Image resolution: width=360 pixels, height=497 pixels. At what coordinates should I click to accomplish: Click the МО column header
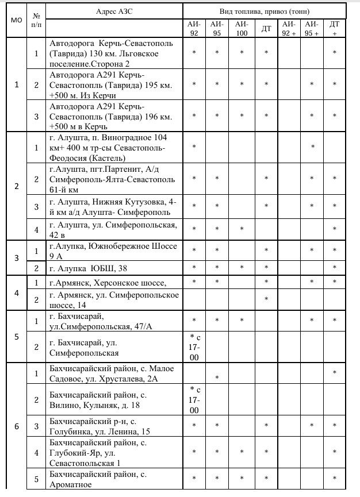pyautogui.click(x=16, y=20)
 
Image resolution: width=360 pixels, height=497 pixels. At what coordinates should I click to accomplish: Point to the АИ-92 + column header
pyautogui.click(x=289, y=28)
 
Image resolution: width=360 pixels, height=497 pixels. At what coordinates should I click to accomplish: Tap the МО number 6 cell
pyautogui.click(x=16, y=426)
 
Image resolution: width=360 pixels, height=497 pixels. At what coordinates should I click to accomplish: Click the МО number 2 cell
pyautogui.click(x=16, y=186)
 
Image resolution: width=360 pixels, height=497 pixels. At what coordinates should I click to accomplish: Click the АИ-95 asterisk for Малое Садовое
pyautogui.click(x=217, y=377)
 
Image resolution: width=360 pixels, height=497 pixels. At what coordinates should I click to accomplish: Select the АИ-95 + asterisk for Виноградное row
pyautogui.click(x=312, y=147)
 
